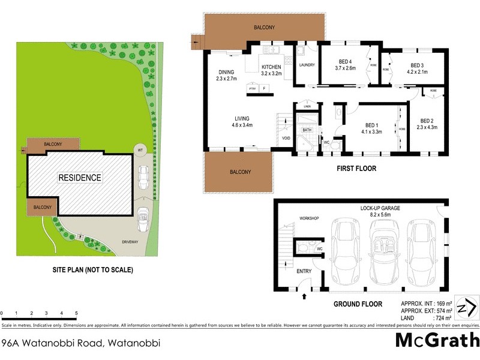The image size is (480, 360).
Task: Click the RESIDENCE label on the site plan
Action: [80, 178]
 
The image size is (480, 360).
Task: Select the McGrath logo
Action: [437, 339]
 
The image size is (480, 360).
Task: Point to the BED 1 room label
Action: [371, 124]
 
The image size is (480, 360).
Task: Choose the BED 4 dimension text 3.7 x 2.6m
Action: [345, 68]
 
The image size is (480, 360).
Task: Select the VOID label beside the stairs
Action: [286, 138]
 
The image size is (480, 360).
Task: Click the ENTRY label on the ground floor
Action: [304, 271]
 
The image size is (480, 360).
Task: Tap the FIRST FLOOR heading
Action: [356, 169]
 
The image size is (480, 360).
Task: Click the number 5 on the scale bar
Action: [76, 313]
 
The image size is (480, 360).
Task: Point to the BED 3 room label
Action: [418, 65]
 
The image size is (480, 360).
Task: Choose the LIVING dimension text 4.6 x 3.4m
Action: [242, 125]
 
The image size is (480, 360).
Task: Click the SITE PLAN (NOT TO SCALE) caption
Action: [92, 270]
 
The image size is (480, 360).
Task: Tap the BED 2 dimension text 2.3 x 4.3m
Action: [427, 127]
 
